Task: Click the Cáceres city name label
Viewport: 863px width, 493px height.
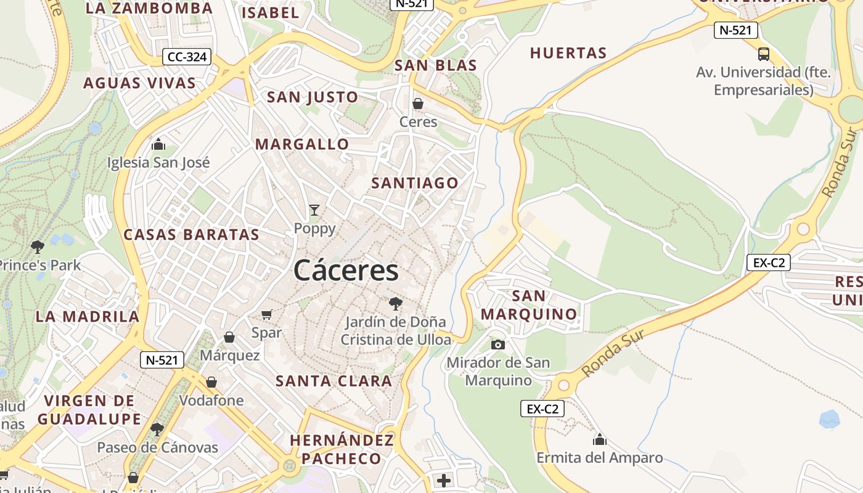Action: point(346,271)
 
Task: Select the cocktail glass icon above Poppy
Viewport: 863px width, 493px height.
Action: point(314,210)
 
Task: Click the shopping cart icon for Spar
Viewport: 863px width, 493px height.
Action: point(267,315)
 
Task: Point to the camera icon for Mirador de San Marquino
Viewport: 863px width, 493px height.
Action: point(498,344)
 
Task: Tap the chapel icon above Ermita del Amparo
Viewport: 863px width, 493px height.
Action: point(599,439)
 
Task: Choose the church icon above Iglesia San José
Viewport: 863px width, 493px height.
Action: point(158,145)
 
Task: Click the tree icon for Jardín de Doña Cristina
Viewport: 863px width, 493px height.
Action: point(395,303)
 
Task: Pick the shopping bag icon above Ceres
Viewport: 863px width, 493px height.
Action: point(418,104)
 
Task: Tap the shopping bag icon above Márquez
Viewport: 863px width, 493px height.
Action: point(229,337)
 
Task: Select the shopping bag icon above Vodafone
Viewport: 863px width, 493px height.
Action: point(211,382)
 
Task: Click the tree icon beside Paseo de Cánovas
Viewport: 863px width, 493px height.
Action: point(157,429)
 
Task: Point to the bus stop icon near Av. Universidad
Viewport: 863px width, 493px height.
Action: point(764,54)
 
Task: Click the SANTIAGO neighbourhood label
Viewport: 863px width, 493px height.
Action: point(415,183)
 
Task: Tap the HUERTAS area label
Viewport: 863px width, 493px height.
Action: point(568,53)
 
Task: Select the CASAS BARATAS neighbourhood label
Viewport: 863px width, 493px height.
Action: point(192,235)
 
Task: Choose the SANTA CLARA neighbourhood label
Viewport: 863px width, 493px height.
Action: point(333,381)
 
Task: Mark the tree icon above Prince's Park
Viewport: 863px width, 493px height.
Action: point(38,247)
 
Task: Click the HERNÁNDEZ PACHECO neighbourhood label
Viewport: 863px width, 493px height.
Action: point(342,449)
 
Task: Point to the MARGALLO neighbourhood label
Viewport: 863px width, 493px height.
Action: point(302,144)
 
